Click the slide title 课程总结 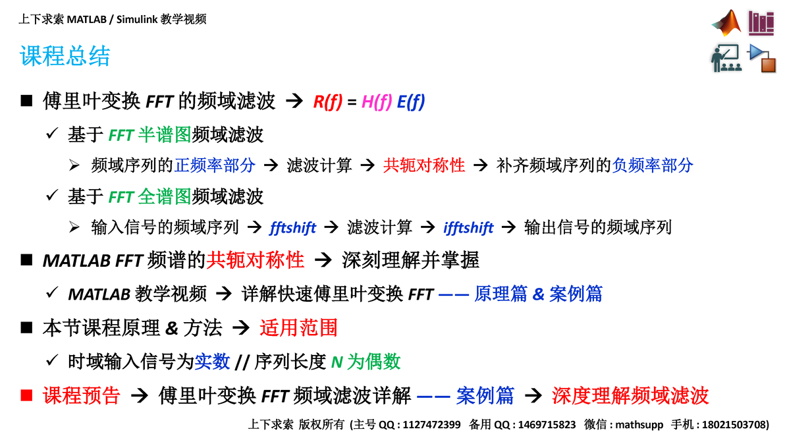pos(65,56)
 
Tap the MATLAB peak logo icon pos(726,24)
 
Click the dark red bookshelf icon pos(761,23)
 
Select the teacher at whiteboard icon pos(726,58)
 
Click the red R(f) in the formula pos(327,101)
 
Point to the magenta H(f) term pos(377,101)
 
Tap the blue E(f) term pos(411,101)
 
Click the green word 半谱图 pos(165,135)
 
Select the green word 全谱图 pos(165,196)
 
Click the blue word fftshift pos(293,228)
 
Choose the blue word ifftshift pos(468,228)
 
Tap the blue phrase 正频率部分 pos(215,165)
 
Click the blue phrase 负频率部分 pos(653,165)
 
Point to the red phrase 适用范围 pos(298,327)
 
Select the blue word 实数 pos(212,361)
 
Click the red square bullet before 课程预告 pos(26,395)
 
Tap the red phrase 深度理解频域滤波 pos(630,395)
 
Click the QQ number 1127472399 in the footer pos(431,425)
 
